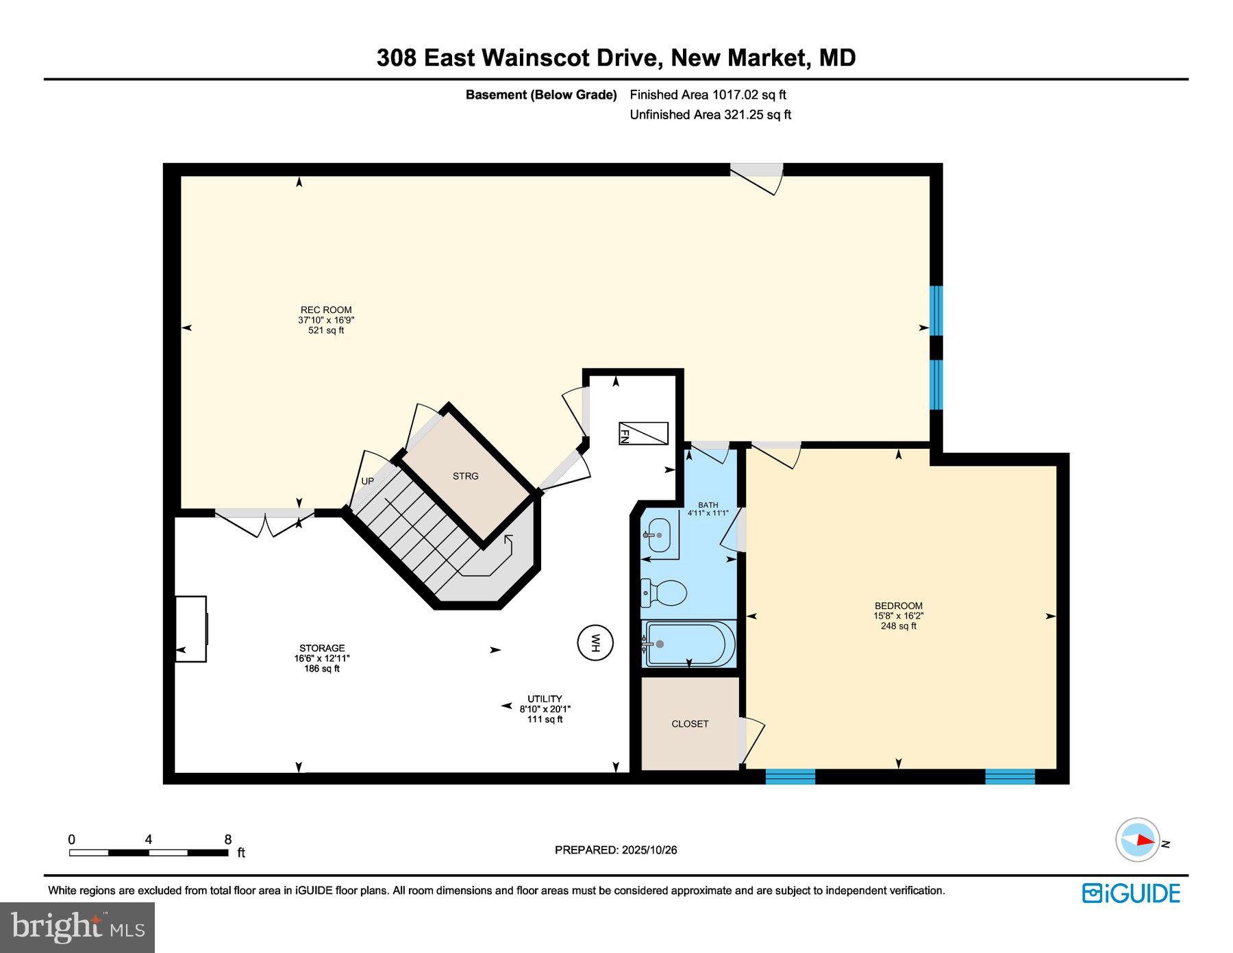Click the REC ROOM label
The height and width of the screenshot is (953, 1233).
pyautogui.click(x=326, y=310)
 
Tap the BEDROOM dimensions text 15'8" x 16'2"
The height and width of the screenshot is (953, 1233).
pyautogui.click(x=898, y=616)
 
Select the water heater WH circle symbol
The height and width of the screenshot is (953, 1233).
pyautogui.click(x=595, y=643)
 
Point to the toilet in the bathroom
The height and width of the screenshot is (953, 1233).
pyautogui.click(x=664, y=593)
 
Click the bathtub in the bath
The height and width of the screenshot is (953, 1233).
pyautogui.click(x=688, y=644)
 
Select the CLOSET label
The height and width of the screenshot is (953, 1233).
pyautogui.click(x=690, y=724)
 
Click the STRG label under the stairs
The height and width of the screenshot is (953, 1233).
pyautogui.click(x=465, y=476)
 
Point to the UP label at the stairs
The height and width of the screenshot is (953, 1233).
pyautogui.click(x=368, y=481)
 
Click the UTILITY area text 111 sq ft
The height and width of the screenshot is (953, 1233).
pyautogui.click(x=545, y=719)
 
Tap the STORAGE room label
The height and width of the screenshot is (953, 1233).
pyautogui.click(x=322, y=648)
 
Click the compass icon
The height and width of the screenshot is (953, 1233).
pyautogui.click(x=1138, y=839)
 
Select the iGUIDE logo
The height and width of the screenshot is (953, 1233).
pyautogui.click(x=1131, y=893)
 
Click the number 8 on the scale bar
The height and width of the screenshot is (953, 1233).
pyautogui.click(x=228, y=839)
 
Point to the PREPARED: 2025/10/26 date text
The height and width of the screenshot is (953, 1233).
pyautogui.click(x=616, y=850)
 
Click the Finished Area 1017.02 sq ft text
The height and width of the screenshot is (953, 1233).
pyautogui.click(x=708, y=95)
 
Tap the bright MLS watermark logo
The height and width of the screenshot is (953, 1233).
pyautogui.click(x=77, y=927)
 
